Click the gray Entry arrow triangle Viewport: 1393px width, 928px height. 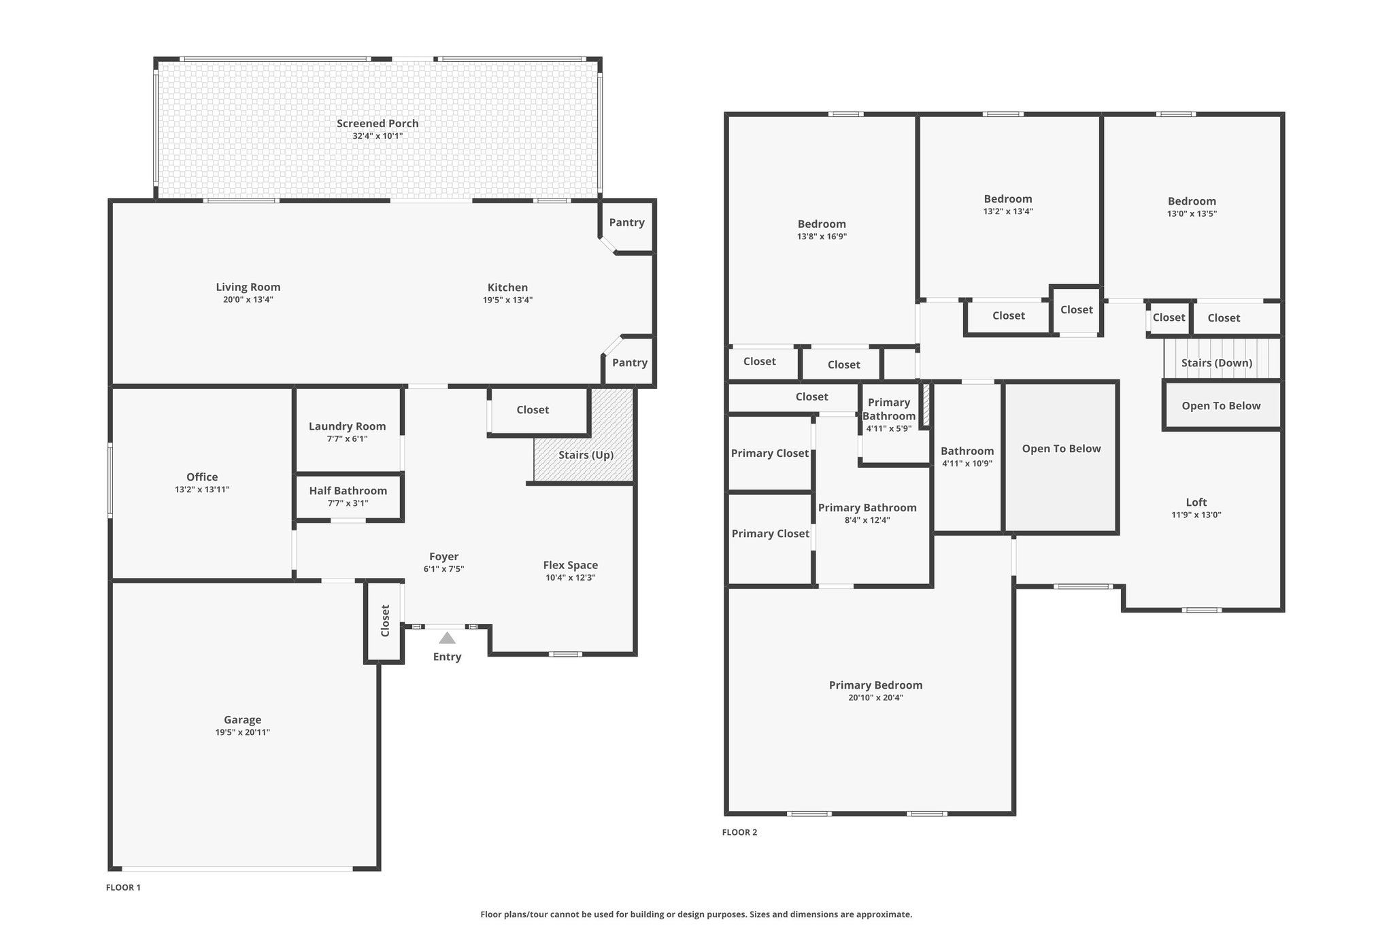[x=447, y=638]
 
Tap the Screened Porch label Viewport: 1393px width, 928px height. [x=377, y=124]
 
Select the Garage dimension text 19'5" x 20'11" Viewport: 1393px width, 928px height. [x=243, y=732]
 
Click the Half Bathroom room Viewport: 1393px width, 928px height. [x=348, y=496]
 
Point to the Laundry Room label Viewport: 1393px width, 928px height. [x=348, y=426]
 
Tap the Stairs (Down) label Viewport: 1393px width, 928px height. [x=1217, y=363]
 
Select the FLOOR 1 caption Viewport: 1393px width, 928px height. [x=123, y=887]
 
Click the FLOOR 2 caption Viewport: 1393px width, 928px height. [x=739, y=832]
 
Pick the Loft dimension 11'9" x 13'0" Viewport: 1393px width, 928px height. [x=1196, y=515]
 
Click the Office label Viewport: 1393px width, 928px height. [x=202, y=477]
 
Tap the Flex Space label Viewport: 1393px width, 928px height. [x=571, y=566]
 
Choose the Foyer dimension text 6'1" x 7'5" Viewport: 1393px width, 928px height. [x=443, y=569]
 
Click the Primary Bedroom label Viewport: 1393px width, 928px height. [x=875, y=685]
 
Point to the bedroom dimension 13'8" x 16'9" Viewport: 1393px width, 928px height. [x=822, y=237]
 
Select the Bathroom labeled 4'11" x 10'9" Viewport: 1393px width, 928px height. [x=967, y=457]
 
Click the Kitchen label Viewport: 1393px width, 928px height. [x=507, y=288]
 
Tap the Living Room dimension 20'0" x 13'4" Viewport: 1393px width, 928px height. [x=248, y=300]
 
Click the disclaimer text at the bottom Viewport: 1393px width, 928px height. [x=696, y=914]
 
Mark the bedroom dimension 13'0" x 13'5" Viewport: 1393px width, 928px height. [x=1192, y=213]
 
